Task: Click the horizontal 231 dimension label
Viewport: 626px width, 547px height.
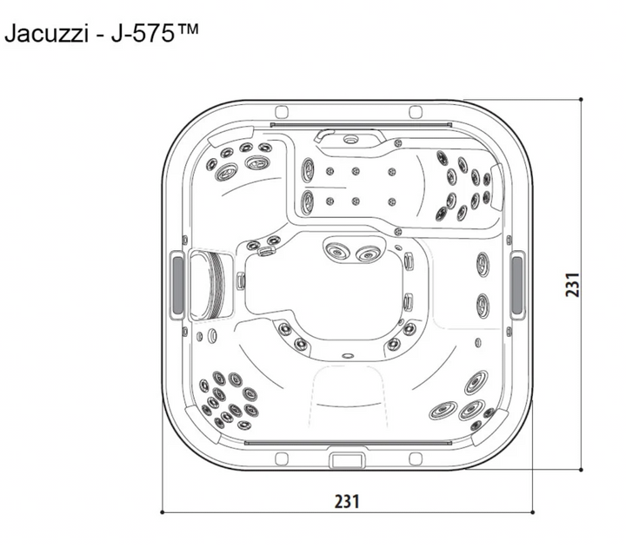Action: click(x=347, y=501)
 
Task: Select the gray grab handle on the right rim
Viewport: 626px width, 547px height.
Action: click(x=517, y=284)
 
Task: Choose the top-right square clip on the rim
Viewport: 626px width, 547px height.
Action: click(x=416, y=112)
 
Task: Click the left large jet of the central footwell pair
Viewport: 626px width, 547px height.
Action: click(x=336, y=252)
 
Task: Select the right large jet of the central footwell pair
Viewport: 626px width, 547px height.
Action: click(x=369, y=254)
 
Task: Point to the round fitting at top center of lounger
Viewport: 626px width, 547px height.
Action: click(x=351, y=140)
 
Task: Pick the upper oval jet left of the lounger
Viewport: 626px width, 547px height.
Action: click(x=308, y=168)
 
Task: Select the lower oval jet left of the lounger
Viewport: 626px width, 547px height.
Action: click(x=308, y=202)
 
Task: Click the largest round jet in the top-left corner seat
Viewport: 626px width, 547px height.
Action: click(x=255, y=162)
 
